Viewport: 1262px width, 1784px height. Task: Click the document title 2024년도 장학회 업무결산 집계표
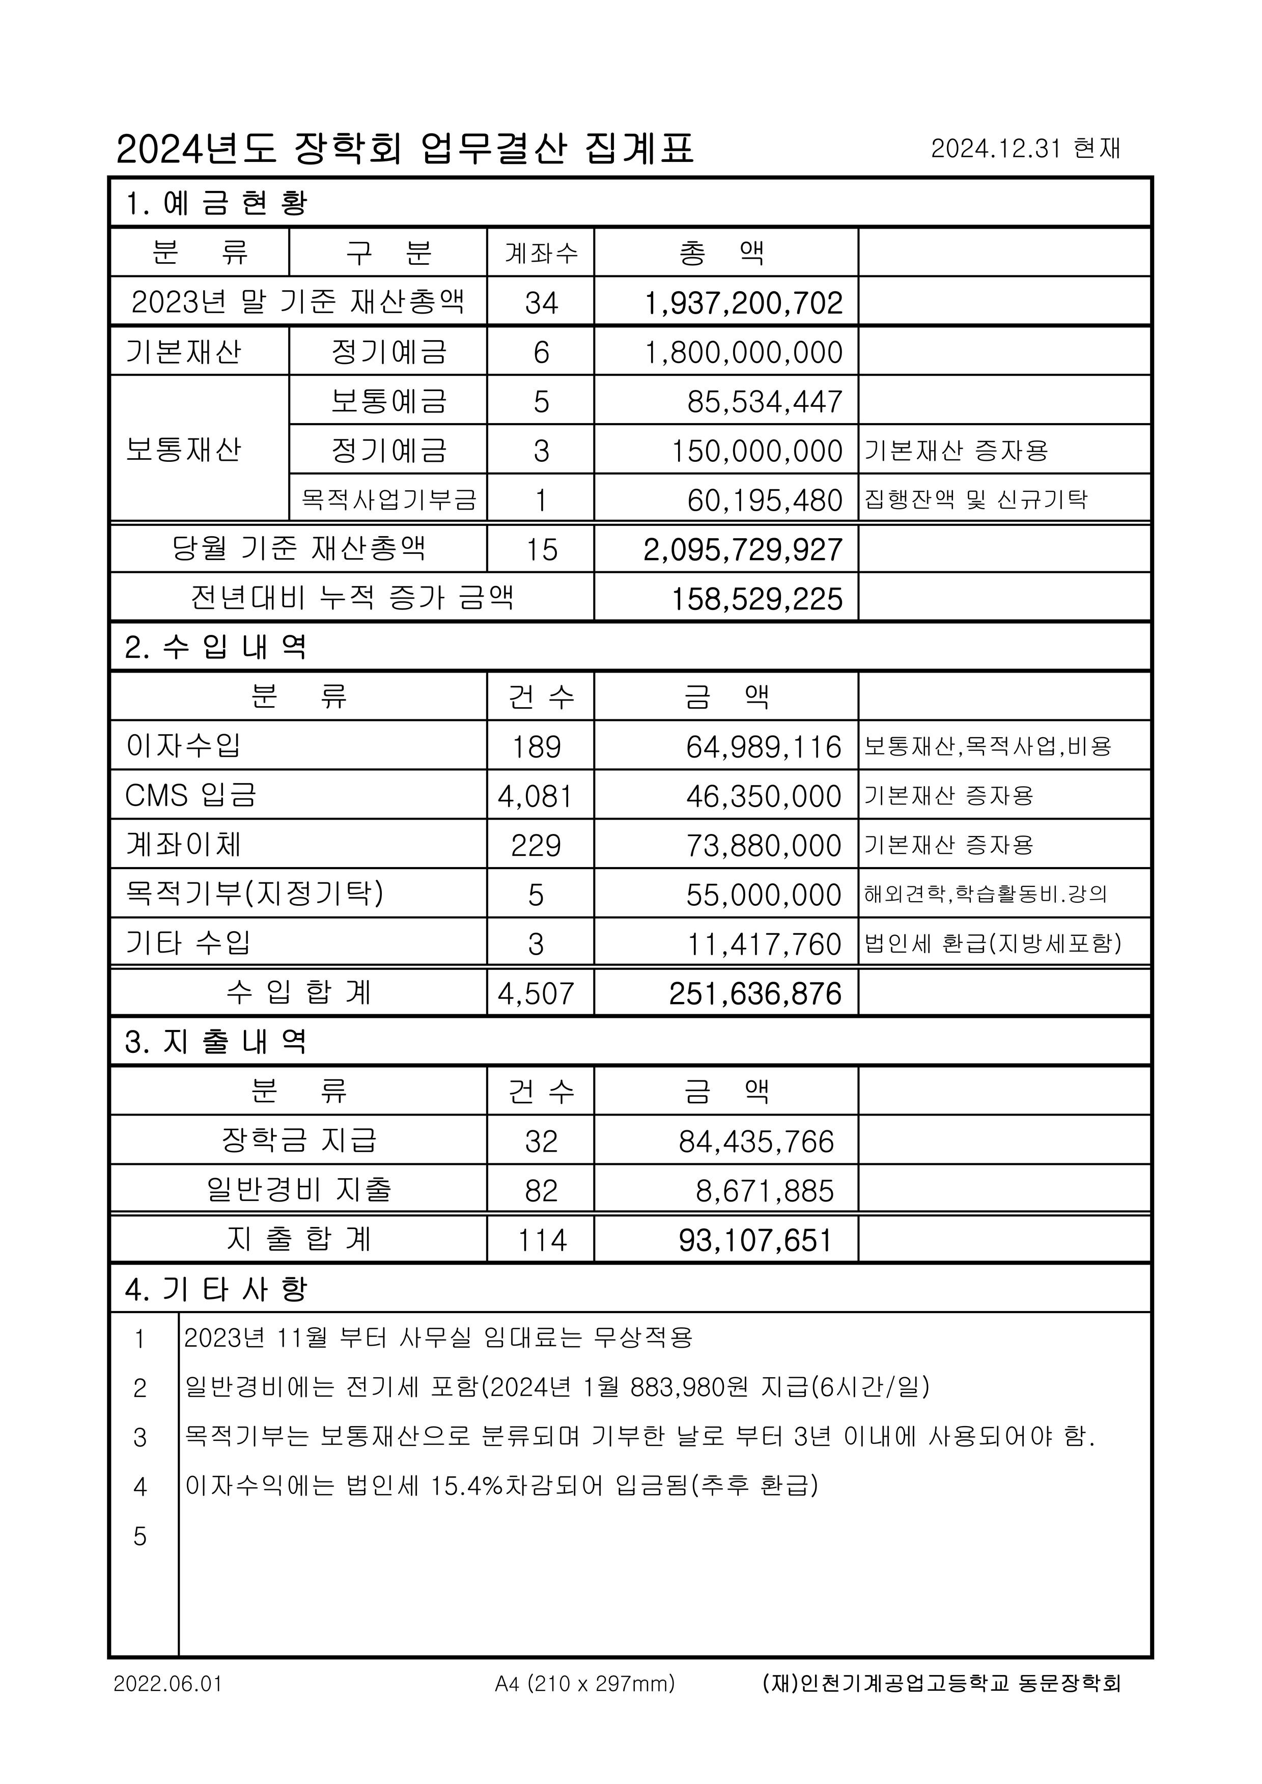pos(404,148)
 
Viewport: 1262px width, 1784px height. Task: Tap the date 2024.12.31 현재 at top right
pos(1025,148)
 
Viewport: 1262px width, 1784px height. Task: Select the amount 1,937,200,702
pos(744,302)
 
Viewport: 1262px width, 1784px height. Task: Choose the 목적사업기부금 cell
pos(388,499)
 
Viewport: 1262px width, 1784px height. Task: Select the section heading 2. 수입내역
pos(216,647)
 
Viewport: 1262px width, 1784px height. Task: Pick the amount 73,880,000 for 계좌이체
pos(763,845)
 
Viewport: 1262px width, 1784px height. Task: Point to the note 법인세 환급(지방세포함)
pos(992,943)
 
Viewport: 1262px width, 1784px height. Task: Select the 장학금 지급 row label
pos(298,1140)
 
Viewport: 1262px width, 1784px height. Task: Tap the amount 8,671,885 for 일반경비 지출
pos(765,1190)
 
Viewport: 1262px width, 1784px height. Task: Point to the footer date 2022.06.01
pos(168,1684)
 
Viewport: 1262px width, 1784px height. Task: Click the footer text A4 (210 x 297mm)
pos(584,1684)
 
